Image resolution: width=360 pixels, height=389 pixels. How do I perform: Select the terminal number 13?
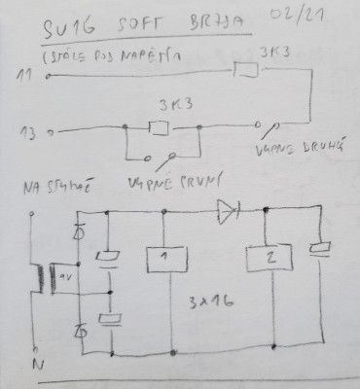click(26, 129)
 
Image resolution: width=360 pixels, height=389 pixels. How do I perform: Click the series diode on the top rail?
click(226, 207)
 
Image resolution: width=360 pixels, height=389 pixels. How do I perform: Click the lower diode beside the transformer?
click(81, 331)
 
